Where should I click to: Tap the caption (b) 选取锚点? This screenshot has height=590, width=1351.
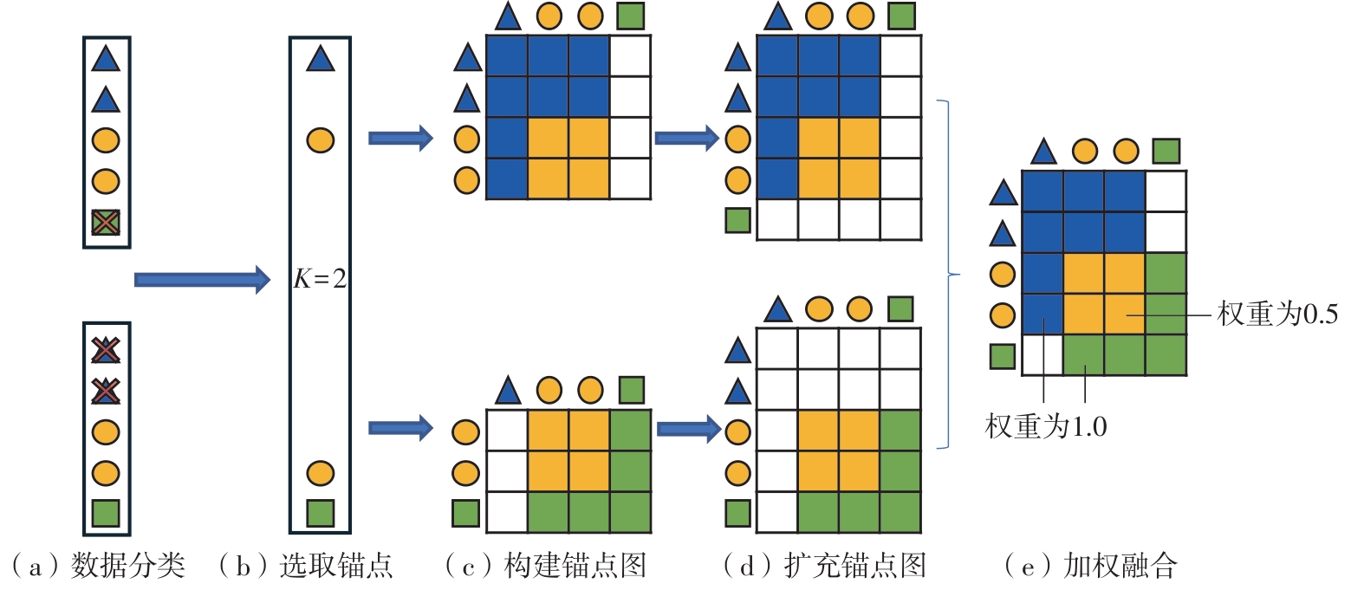pyautogui.click(x=305, y=567)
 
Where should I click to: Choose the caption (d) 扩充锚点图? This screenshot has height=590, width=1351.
pyautogui.click(x=825, y=567)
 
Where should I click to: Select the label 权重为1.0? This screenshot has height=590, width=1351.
pyautogui.click(x=1045, y=426)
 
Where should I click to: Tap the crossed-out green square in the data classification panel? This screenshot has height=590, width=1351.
pyautogui.click(x=106, y=224)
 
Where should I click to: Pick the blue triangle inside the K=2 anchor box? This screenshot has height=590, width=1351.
pyautogui.click(x=320, y=59)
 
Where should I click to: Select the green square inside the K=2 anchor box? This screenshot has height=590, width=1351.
pyautogui.click(x=320, y=513)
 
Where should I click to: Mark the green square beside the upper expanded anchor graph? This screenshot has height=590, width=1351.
pyautogui.click(x=737, y=219)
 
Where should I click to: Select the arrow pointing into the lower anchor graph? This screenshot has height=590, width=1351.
pyautogui.click(x=400, y=426)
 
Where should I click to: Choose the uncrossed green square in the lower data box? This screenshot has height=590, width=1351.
pyautogui.click(x=106, y=513)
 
